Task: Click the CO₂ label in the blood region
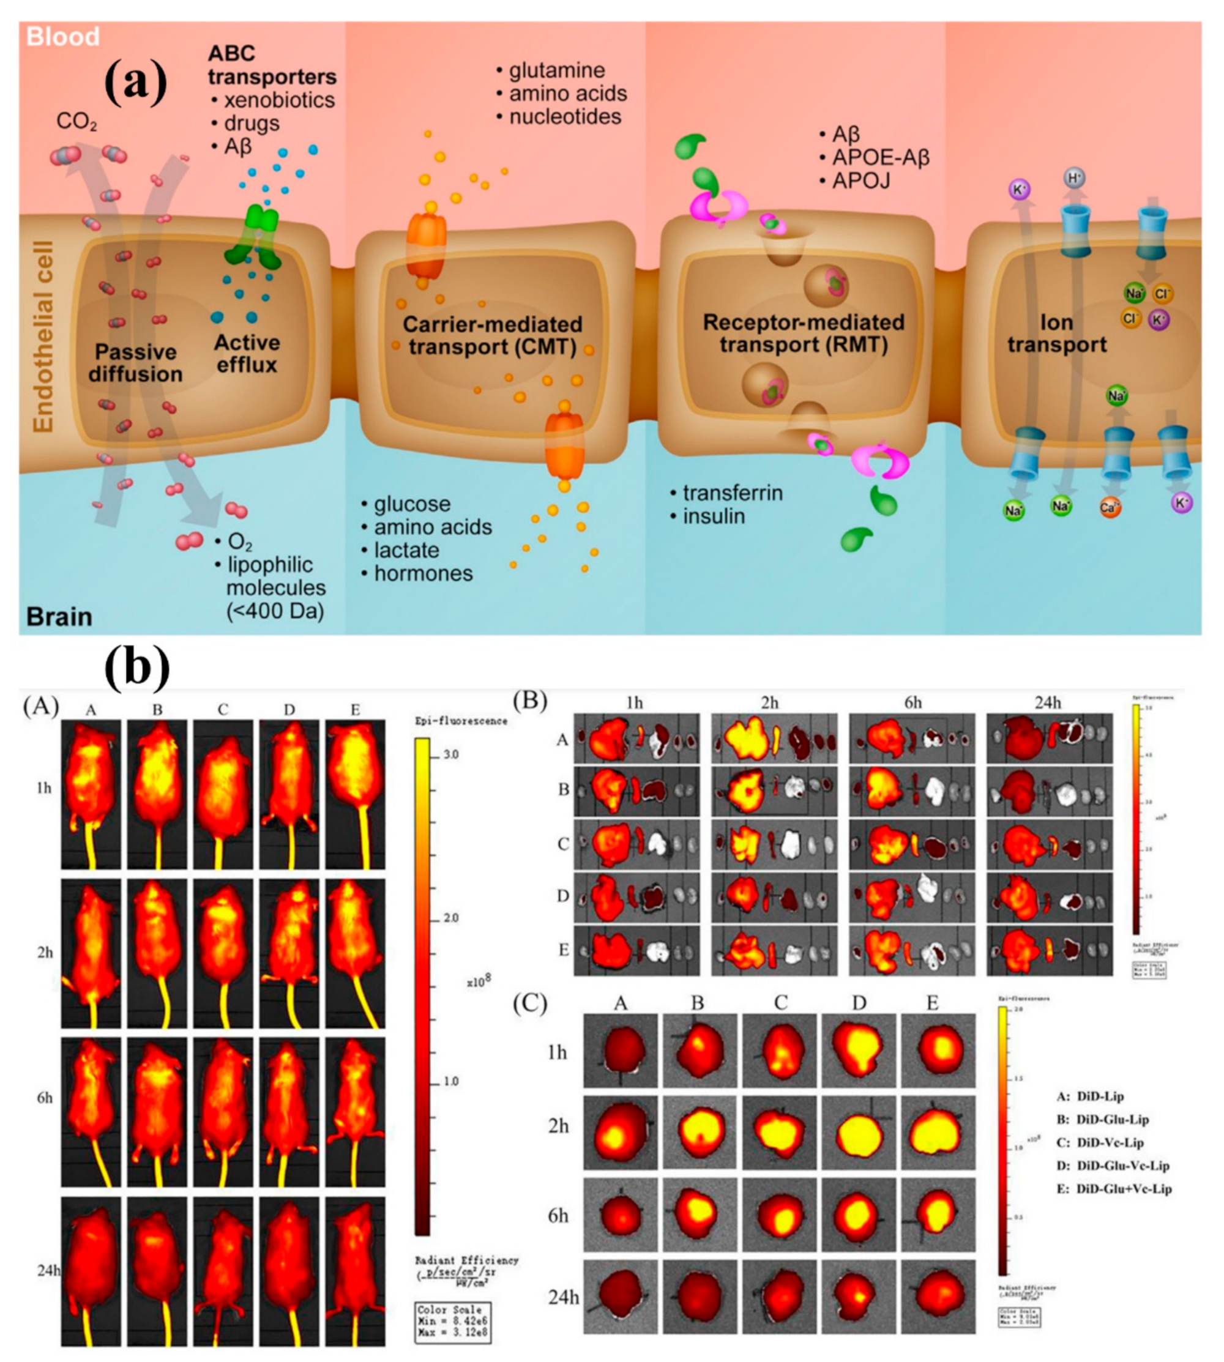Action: (76, 122)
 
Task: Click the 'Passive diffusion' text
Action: (135, 363)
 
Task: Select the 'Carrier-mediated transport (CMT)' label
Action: (492, 335)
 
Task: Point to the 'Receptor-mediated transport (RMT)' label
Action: (803, 333)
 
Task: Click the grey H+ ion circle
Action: (1074, 178)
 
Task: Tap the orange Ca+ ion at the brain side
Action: (1109, 508)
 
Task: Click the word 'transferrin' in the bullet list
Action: (733, 493)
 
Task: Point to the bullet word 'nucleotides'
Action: (565, 116)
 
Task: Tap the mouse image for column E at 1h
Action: (355, 795)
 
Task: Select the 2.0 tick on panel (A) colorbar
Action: (450, 918)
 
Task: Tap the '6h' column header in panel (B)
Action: (912, 703)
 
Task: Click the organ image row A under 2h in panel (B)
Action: (774, 739)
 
